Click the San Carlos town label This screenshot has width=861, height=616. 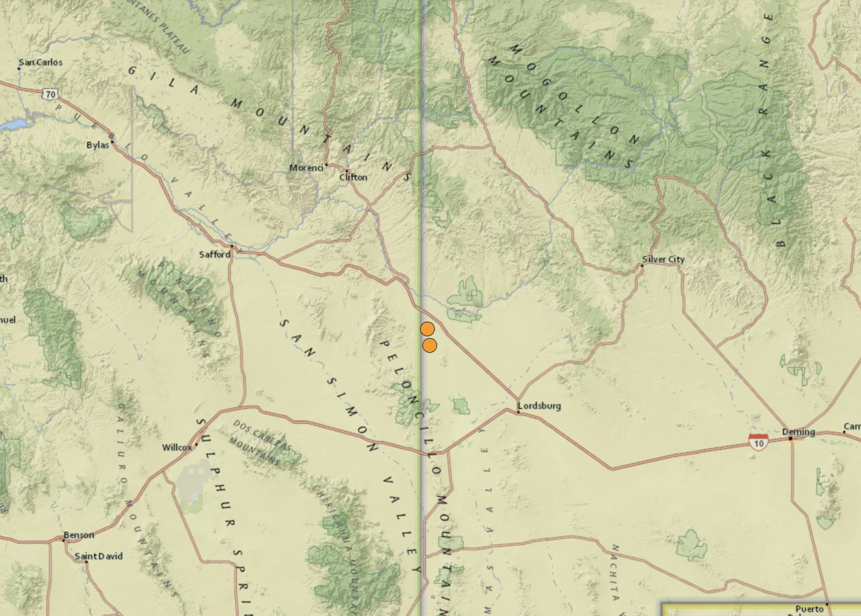click(x=41, y=63)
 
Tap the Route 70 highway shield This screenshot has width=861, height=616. click(x=50, y=94)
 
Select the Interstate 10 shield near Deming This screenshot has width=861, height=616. click(x=758, y=442)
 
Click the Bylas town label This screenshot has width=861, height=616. click(x=97, y=145)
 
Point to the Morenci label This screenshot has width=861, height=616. click(x=302, y=168)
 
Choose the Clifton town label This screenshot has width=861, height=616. click(x=353, y=177)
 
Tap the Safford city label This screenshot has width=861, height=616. click(x=215, y=254)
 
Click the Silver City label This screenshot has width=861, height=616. click(x=663, y=259)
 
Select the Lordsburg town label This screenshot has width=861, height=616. click(x=539, y=406)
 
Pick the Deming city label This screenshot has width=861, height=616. click(x=798, y=432)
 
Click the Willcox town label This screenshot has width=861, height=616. click(x=177, y=447)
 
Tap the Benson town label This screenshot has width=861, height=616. click(x=79, y=535)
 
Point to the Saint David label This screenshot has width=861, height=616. click(x=98, y=556)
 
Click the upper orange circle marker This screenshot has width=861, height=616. click(x=427, y=329)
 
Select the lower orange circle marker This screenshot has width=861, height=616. click(x=430, y=345)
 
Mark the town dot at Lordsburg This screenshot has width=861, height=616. click(x=518, y=411)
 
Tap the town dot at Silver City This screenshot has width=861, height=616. click(x=642, y=265)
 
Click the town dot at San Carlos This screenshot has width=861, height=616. click(x=20, y=68)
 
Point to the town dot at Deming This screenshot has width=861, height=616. click(x=790, y=438)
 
